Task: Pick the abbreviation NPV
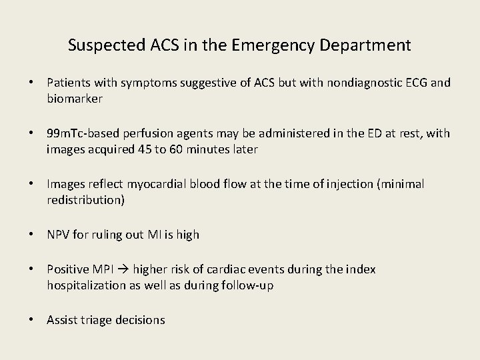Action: tap(59, 235)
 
